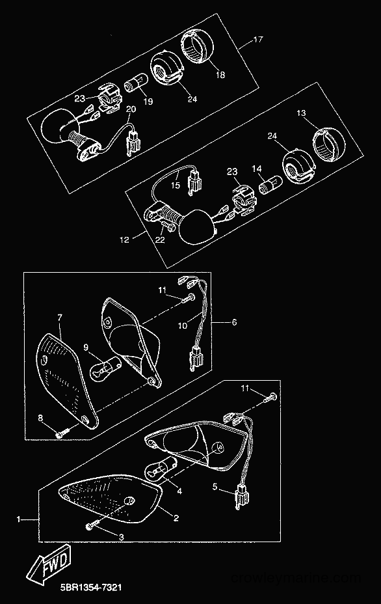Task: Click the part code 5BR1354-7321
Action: tap(91, 588)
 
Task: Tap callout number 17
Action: tap(258, 39)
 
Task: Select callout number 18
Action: tap(220, 74)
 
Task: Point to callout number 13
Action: tap(301, 113)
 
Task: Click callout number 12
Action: tap(124, 240)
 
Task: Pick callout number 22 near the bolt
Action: tap(160, 240)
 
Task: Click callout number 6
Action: tap(234, 322)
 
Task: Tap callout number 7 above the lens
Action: tap(60, 318)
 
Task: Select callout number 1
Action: tap(18, 519)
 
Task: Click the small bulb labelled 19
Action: tap(135, 83)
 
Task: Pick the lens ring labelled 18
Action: tap(196, 48)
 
